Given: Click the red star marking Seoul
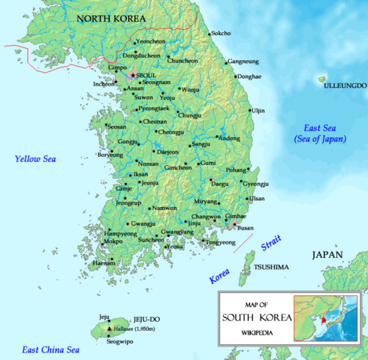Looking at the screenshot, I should (x=133, y=75).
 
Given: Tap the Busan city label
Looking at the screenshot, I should (x=247, y=228).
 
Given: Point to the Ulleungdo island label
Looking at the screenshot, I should (x=344, y=86).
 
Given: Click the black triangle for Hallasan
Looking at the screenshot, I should (x=110, y=328).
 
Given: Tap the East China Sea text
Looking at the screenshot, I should (x=50, y=349).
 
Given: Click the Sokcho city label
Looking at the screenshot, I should (x=221, y=33).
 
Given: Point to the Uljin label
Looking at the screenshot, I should (x=258, y=110).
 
